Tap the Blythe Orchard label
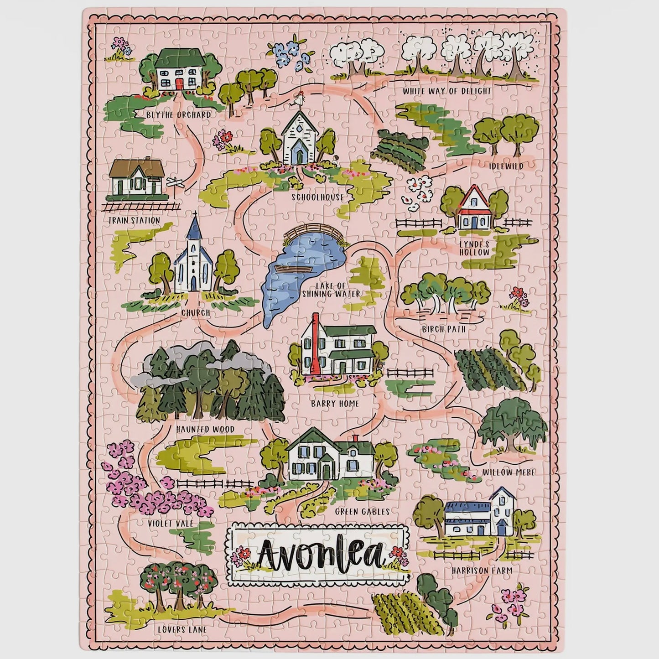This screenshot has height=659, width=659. pos(178,115)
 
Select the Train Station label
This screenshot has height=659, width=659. pos(134,221)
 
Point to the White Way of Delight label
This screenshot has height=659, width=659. pos(447,91)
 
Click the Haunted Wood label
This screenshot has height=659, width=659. pos(205,429)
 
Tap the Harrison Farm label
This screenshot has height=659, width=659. pos(482,570)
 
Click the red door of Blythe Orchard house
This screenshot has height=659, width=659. pos(179,83)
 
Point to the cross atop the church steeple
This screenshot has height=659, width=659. pos(195,214)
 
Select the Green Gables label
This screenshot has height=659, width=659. pos(362,512)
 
